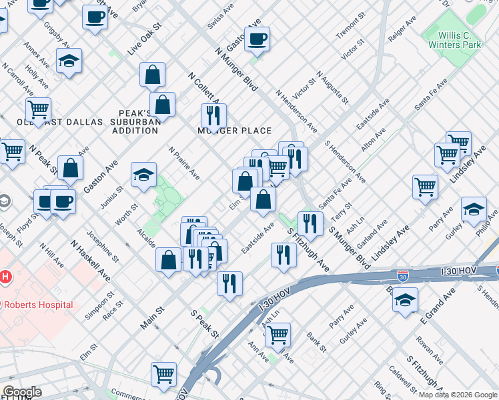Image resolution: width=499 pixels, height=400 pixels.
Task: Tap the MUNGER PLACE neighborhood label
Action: (234, 131)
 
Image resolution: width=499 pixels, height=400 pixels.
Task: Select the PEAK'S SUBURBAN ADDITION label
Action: (139, 122)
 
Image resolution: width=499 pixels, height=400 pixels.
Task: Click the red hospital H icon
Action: (5, 276)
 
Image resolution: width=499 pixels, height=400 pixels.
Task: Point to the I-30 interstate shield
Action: (403, 275)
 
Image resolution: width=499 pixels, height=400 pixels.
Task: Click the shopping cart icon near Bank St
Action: (278, 335)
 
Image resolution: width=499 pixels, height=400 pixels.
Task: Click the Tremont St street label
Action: (348, 28)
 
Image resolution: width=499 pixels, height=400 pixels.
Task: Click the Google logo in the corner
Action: (22, 392)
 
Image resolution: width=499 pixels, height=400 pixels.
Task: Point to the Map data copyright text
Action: (457, 395)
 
